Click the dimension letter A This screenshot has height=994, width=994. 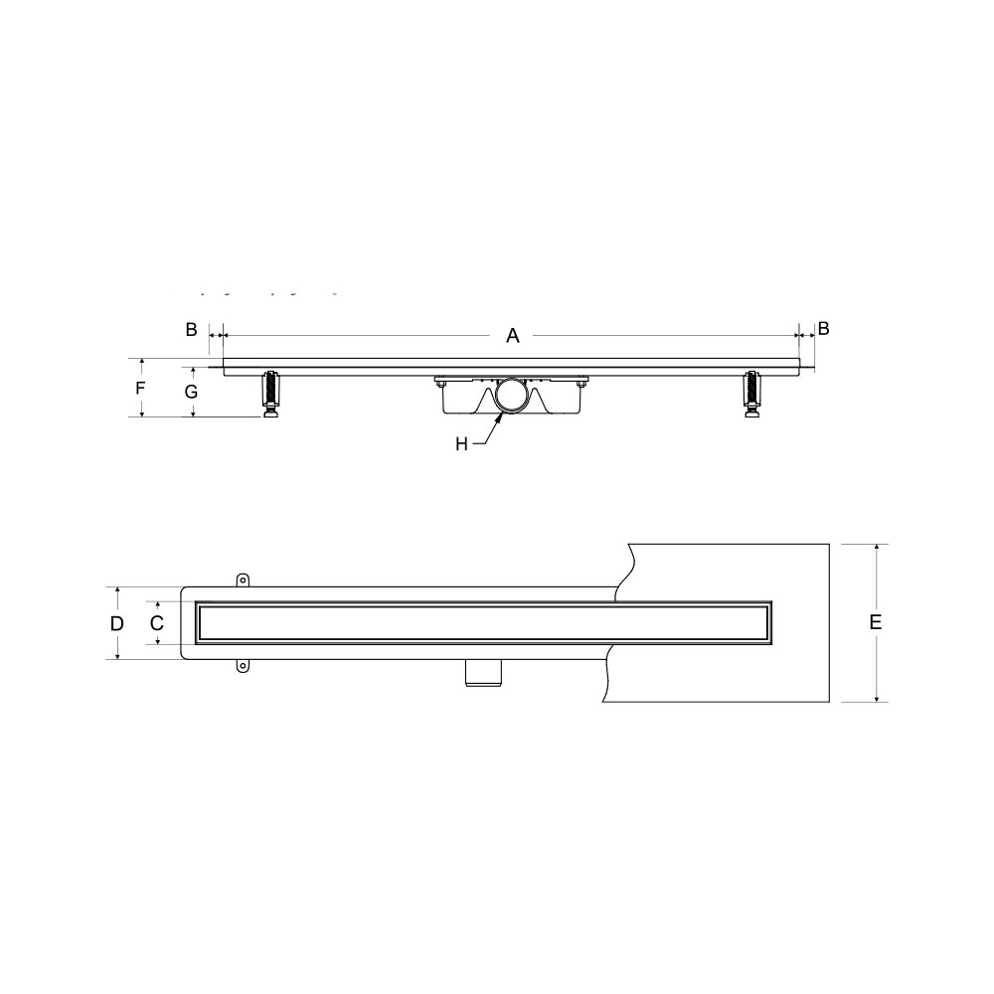pyautogui.click(x=512, y=335)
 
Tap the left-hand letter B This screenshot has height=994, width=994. pyautogui.click(x=191, y=330)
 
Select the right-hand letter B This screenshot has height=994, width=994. pyautogui.click(x=823, y=328)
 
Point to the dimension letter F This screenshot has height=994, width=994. pyautogui.click(x=141, y=388)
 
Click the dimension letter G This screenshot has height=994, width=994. pyautogui.click(x=191, y=392)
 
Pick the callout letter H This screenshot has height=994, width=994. pyautogui.click(x=461, y=444)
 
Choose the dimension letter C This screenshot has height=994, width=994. pyautogui.click(x=157, y=623)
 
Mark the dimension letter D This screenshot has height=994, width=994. pyautogui.click(x=116, y=624)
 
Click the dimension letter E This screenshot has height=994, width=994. pyautogui.click(x=876, y=622)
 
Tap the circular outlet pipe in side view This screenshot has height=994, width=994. pyautogui.click(x=496, y=397)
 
